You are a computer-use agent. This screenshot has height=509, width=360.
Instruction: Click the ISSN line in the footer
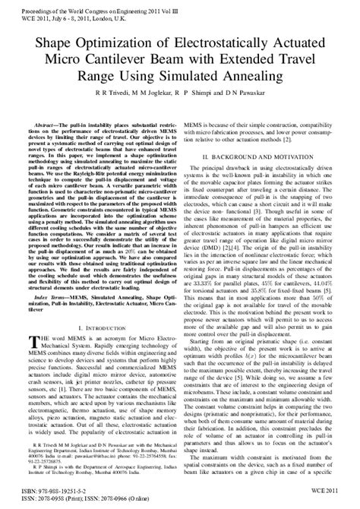[x=84, y=501]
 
